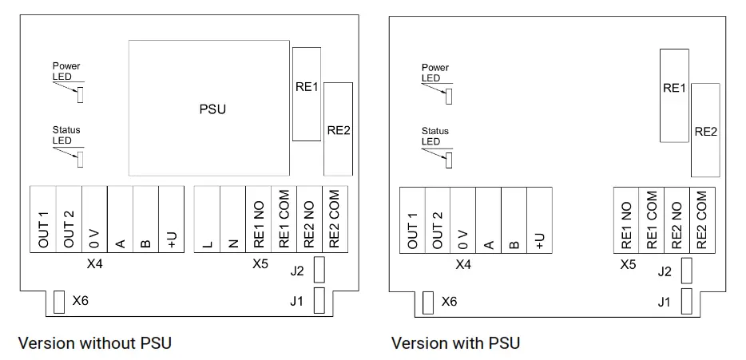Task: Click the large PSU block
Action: coord(210,109)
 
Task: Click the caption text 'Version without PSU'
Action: coord(94,343)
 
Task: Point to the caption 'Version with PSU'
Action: coord(455,343)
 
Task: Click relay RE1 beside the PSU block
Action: coord(307,94)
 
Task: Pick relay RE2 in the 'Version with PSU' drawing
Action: coord(704,130)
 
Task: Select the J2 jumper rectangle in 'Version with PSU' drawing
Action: coord(685,271)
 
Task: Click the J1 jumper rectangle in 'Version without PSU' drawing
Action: coord(319,300)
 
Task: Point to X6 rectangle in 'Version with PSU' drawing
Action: coord(427,302)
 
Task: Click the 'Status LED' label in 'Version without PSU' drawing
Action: coord(66,135)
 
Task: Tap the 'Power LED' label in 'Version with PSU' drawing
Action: coord(435,73)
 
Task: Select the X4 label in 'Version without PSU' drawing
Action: coord(94,263)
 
